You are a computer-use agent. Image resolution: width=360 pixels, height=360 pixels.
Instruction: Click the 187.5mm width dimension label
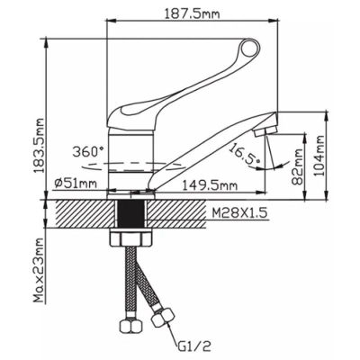[x=192, y=13]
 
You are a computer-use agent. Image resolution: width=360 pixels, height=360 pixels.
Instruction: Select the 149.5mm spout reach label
[x=210, y=185]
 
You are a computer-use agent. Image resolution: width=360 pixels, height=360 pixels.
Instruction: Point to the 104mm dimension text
[x=320, y=156]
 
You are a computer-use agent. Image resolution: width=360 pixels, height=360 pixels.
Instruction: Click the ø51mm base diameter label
[x=76, y=183]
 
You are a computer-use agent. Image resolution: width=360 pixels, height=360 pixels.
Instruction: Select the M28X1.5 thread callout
[x=239, y=213]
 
